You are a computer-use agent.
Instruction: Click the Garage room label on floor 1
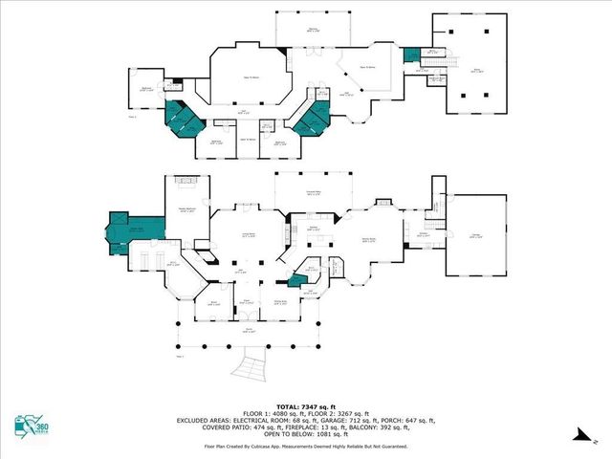tap(473, 235)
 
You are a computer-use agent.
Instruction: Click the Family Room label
tap(367, 240)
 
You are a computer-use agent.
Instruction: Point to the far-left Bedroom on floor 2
tap(146, 91)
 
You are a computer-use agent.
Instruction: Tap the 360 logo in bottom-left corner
tap(33, 427)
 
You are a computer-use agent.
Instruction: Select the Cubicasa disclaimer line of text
tap(306, 445)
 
